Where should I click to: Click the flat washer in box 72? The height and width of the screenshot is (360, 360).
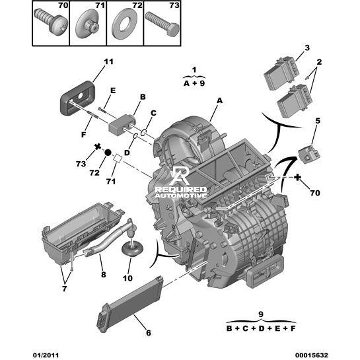click(124, 24)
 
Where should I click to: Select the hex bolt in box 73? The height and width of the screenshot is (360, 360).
click(162, 24)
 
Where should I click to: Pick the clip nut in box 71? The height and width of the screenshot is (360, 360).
click(87, 24)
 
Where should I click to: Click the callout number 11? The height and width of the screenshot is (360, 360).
click(108, 61)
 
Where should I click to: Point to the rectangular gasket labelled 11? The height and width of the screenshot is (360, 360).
click(77, 98)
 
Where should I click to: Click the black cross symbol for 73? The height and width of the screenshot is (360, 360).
click(98, 147)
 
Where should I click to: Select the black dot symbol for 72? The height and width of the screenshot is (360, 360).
click(108, 152)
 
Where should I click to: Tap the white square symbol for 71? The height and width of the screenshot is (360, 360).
click(118, 159)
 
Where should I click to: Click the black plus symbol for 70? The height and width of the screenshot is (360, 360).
click(297, 177)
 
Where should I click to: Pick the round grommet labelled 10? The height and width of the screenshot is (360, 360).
click(132, 249)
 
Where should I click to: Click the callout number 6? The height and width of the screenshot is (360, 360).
click(149, 333)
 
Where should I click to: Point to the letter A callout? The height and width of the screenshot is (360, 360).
click(220, 100)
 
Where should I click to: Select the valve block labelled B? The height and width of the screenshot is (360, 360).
click(122, 125)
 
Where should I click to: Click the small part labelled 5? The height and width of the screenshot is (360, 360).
click(308, 153)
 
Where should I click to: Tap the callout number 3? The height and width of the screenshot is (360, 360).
click(307, 48)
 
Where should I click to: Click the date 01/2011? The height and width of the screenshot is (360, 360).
click(46, 355)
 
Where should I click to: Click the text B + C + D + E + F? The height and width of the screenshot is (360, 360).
click(261, 328)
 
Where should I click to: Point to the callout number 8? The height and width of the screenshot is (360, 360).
click(104, 274)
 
